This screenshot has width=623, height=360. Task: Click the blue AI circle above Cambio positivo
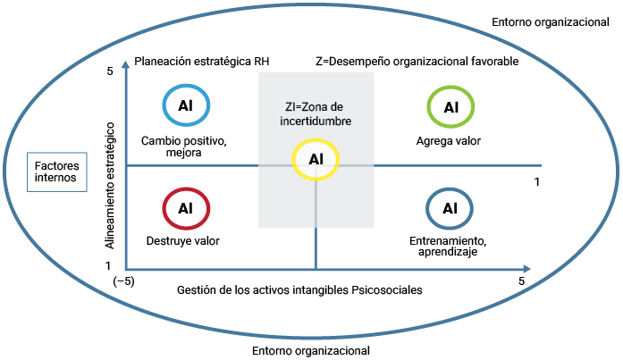coord(186,105)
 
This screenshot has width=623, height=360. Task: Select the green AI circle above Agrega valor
coord(450,107)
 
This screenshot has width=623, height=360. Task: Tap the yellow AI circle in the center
coord(316,159)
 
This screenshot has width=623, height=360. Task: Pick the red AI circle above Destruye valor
coord(186,208)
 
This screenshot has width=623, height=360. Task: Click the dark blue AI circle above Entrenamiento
coord(450,208)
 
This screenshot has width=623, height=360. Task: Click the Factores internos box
coord(56,172)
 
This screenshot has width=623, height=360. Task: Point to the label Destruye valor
coord(183,240)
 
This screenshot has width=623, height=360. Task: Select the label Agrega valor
coord(449,141)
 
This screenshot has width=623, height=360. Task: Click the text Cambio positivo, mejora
coord(183,147)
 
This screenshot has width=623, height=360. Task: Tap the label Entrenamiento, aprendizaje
coord(450,246)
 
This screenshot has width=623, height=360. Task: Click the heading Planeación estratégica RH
coord(201,62)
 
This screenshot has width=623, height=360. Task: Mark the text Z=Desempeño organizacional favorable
coord(417,62)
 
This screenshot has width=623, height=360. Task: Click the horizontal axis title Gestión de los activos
coord(299,289)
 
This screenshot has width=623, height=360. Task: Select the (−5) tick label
coord(122,280)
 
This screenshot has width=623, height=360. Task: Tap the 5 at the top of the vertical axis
coord(109,71)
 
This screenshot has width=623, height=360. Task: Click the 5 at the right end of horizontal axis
coord(521,280)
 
